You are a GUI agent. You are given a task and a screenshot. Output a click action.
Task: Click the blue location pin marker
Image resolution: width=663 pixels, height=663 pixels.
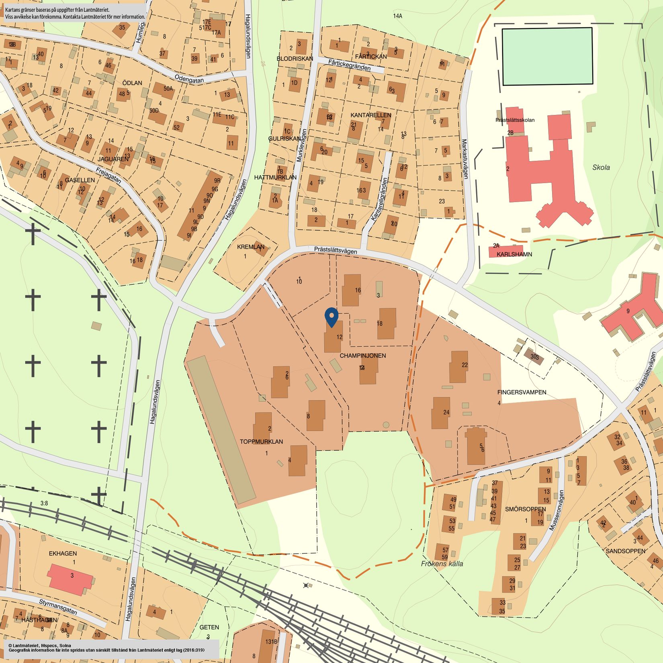[x=331, y=316]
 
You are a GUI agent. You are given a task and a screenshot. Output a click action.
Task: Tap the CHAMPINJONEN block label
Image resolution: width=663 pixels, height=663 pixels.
[x=362, y=356]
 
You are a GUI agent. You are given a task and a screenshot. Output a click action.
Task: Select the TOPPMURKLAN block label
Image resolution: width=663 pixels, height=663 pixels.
[x=261, y=442]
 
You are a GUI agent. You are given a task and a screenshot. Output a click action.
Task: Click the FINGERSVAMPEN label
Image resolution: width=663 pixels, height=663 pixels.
[x=522, y=392]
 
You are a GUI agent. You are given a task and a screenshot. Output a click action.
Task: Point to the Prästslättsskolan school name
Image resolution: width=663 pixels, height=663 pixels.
[x=515, y=120]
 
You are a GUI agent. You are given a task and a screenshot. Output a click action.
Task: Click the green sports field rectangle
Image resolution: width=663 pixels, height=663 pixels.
[x=547, y=56]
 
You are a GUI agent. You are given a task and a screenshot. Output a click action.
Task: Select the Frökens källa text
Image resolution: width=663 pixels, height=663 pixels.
[x=442, y=564]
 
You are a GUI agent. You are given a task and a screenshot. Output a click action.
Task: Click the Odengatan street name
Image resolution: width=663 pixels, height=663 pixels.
[x=189, y=78]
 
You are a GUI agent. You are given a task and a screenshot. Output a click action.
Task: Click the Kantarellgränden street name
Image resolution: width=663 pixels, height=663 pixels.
[x=379, y=199]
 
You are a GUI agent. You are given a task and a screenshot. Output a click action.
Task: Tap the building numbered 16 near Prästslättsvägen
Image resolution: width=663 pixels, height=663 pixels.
[x=351, y=290]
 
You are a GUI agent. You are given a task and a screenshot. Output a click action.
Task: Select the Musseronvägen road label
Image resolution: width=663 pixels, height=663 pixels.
[x=557, y=510]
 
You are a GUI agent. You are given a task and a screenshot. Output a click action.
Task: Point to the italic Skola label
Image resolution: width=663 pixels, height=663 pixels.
[x=601, y=168]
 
